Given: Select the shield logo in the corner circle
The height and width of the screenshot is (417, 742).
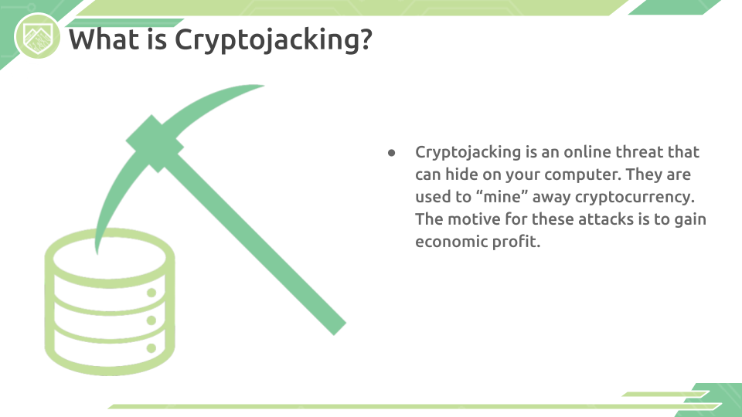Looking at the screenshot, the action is pyautogui.click(x=37, y=37).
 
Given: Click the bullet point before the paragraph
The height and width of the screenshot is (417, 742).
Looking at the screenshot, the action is pyautogui.click(x=391, y=152).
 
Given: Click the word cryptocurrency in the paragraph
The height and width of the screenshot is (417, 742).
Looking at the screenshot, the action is pyautogui.click(x=635, y=198).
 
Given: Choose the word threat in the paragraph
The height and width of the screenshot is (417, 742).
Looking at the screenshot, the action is pyautogui.click(x=639, y=152).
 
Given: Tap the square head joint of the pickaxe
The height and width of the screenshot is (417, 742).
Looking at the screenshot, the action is pyautogui.click(x=155, y=144).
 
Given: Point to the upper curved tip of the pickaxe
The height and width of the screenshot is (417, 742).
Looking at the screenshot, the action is pyautogui.click(x=260, y=86).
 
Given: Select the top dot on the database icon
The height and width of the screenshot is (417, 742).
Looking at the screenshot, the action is pyautogui.click(x=151, y=293).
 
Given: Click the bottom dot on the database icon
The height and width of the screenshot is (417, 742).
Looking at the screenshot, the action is pyautogui.click(x=151, y=348).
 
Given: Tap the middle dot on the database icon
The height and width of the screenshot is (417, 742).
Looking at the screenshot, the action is pyautogui.click(x=151, y=320).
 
